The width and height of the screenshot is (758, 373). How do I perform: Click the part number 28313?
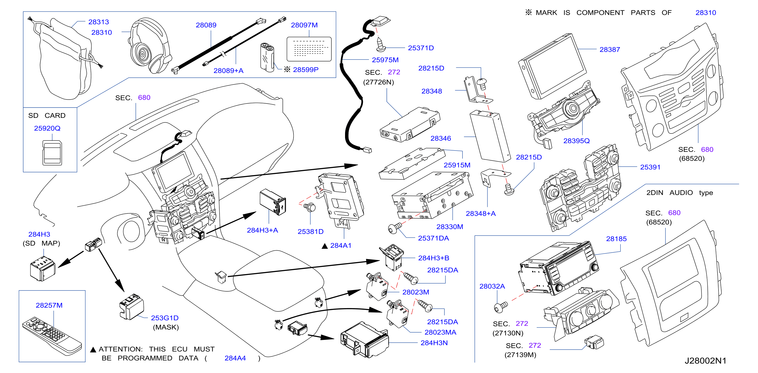[99, 22]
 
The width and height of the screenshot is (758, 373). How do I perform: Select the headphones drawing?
[150, 45]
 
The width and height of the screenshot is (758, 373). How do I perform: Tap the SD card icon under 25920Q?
[52, 153]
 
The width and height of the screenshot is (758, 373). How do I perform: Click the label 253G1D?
[165, 318]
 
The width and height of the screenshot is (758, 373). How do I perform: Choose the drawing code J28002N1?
[705, 361]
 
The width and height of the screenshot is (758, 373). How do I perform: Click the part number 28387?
[610, 50]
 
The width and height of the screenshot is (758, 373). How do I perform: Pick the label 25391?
[650, 167]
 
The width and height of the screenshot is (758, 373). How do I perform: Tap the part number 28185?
[616, 239]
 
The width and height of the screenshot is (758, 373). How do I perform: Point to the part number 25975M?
[385, 60]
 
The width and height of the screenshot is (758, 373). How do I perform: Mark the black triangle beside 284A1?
[325, 246]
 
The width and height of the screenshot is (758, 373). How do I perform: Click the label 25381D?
[310, 232]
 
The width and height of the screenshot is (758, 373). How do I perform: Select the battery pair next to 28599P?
[267, 57]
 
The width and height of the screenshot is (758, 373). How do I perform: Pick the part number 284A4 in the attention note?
[235, 358]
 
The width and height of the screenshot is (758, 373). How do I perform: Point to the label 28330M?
[450, 227]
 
